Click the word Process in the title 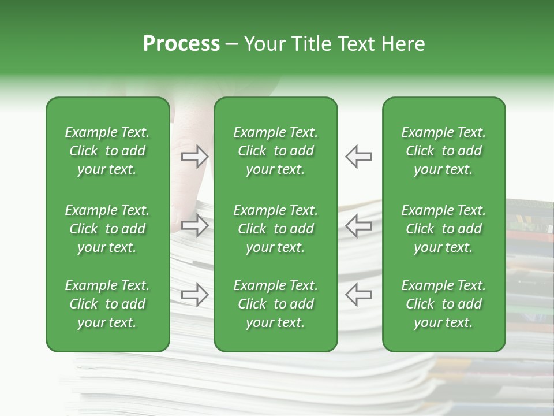pos(181,44)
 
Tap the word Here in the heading pos(404,44)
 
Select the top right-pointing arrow pos(194,157)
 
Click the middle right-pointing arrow pos(194,226)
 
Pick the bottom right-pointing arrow pos(194,294)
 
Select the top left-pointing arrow pos(359,157)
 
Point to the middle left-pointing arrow pos(359,226)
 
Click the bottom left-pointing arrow pos(359,294)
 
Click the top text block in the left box pos(107,151)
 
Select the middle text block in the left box pos(107,229)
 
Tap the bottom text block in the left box pos(107,304)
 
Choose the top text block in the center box pos(275,151)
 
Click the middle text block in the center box pos(275,229)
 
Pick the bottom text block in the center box pos(275,304)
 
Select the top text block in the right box pos(443,151)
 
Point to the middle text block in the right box pos(443,229)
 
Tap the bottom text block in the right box pos(443,304)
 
